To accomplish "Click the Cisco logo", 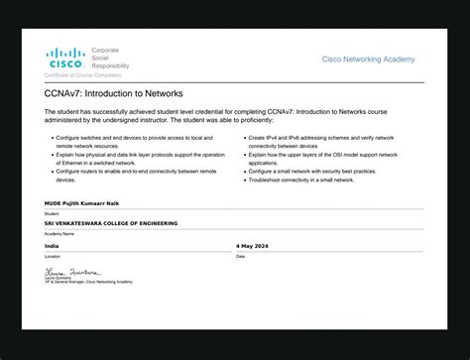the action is click(65, 57).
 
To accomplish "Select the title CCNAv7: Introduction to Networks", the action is click(100, 93).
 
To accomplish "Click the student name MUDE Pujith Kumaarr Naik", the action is click(86, 202).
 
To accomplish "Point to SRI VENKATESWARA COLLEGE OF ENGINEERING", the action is click(111, 223).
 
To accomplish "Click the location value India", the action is click(52, 245).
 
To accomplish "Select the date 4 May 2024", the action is click(252, 245).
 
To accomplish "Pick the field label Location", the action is click(52, 256).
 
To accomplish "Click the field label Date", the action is click(241, 256).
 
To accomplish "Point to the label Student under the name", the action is click(52, 213).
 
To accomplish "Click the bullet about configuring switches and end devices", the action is click(129, 141).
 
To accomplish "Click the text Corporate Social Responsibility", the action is click(111, 58).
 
